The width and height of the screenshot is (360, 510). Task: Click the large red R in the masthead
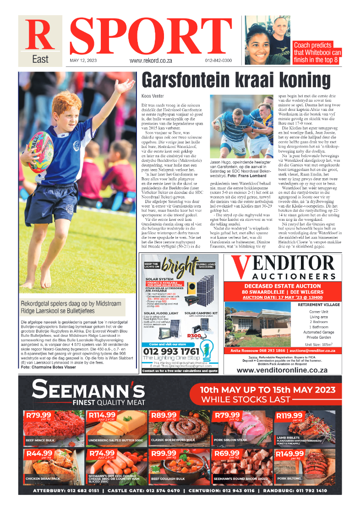[39, 35]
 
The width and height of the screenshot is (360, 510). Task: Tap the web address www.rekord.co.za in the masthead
[151, 60]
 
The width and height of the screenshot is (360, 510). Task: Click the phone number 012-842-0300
[218, 60]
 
